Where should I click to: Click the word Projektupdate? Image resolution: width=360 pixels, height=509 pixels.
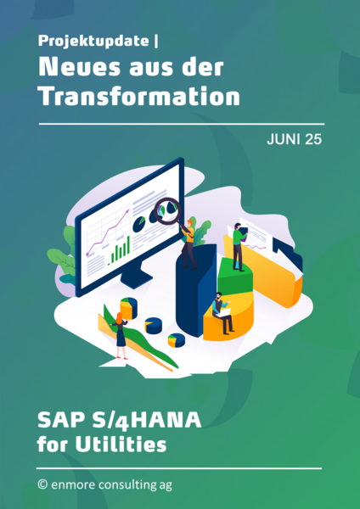point(93,42)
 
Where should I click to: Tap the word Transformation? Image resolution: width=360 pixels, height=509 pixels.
point(139,96)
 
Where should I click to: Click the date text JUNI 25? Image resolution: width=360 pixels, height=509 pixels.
point(294,139)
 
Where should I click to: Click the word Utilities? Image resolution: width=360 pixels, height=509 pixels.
point(121,444)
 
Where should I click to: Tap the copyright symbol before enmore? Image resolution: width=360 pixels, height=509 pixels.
point(42,484)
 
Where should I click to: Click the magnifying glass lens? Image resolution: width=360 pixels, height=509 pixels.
point(167,211)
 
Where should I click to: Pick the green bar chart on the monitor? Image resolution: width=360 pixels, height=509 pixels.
point(120,250)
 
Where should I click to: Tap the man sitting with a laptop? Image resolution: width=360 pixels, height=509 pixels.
point(222,312)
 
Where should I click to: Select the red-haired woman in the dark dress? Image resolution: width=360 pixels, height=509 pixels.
point(121,335)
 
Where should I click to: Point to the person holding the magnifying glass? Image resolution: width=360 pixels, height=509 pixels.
point(189,244)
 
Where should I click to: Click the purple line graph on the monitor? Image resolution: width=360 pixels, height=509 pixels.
point(107,232)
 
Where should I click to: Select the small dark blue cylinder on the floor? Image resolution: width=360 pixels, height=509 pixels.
point(154,326)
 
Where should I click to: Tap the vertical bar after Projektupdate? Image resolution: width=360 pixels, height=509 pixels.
point(157,42)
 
